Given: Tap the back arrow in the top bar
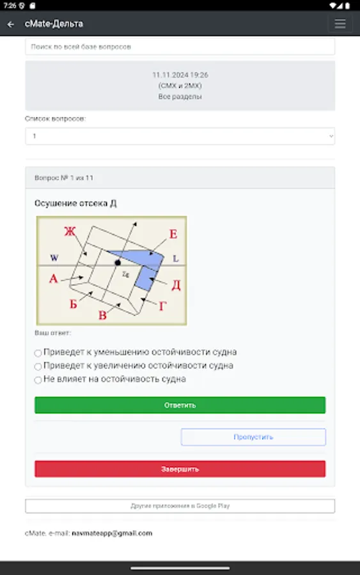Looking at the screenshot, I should (x=10, y=24).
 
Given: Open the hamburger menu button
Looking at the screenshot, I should (x=340, y=24).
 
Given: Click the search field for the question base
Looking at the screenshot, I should (x=180, y=47).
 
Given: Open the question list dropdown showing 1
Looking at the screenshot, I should (x=180, y=136).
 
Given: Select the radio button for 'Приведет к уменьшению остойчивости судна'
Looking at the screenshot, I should (x=38, y=353).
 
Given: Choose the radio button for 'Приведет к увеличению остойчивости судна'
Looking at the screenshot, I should (x=38, y=367).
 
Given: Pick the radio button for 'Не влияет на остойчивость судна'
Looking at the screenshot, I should (x=38, y=380).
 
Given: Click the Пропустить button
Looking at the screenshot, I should (x=253, y=437).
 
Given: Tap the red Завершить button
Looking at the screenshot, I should (x=180, y=469).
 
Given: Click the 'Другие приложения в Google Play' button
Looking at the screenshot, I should (x=180, y=506).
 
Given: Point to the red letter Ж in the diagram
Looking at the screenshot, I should (x=69, y=231).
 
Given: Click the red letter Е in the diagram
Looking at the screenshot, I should (x=173, y=234).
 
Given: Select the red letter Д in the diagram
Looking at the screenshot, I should (x=176, y=285).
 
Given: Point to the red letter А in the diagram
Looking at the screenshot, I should (x=54, y=279).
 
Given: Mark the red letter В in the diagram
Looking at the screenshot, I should (x=102, y=315).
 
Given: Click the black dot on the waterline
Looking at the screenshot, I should (x=118, y=263).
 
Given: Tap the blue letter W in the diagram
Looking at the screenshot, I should (x=54, y=258).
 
